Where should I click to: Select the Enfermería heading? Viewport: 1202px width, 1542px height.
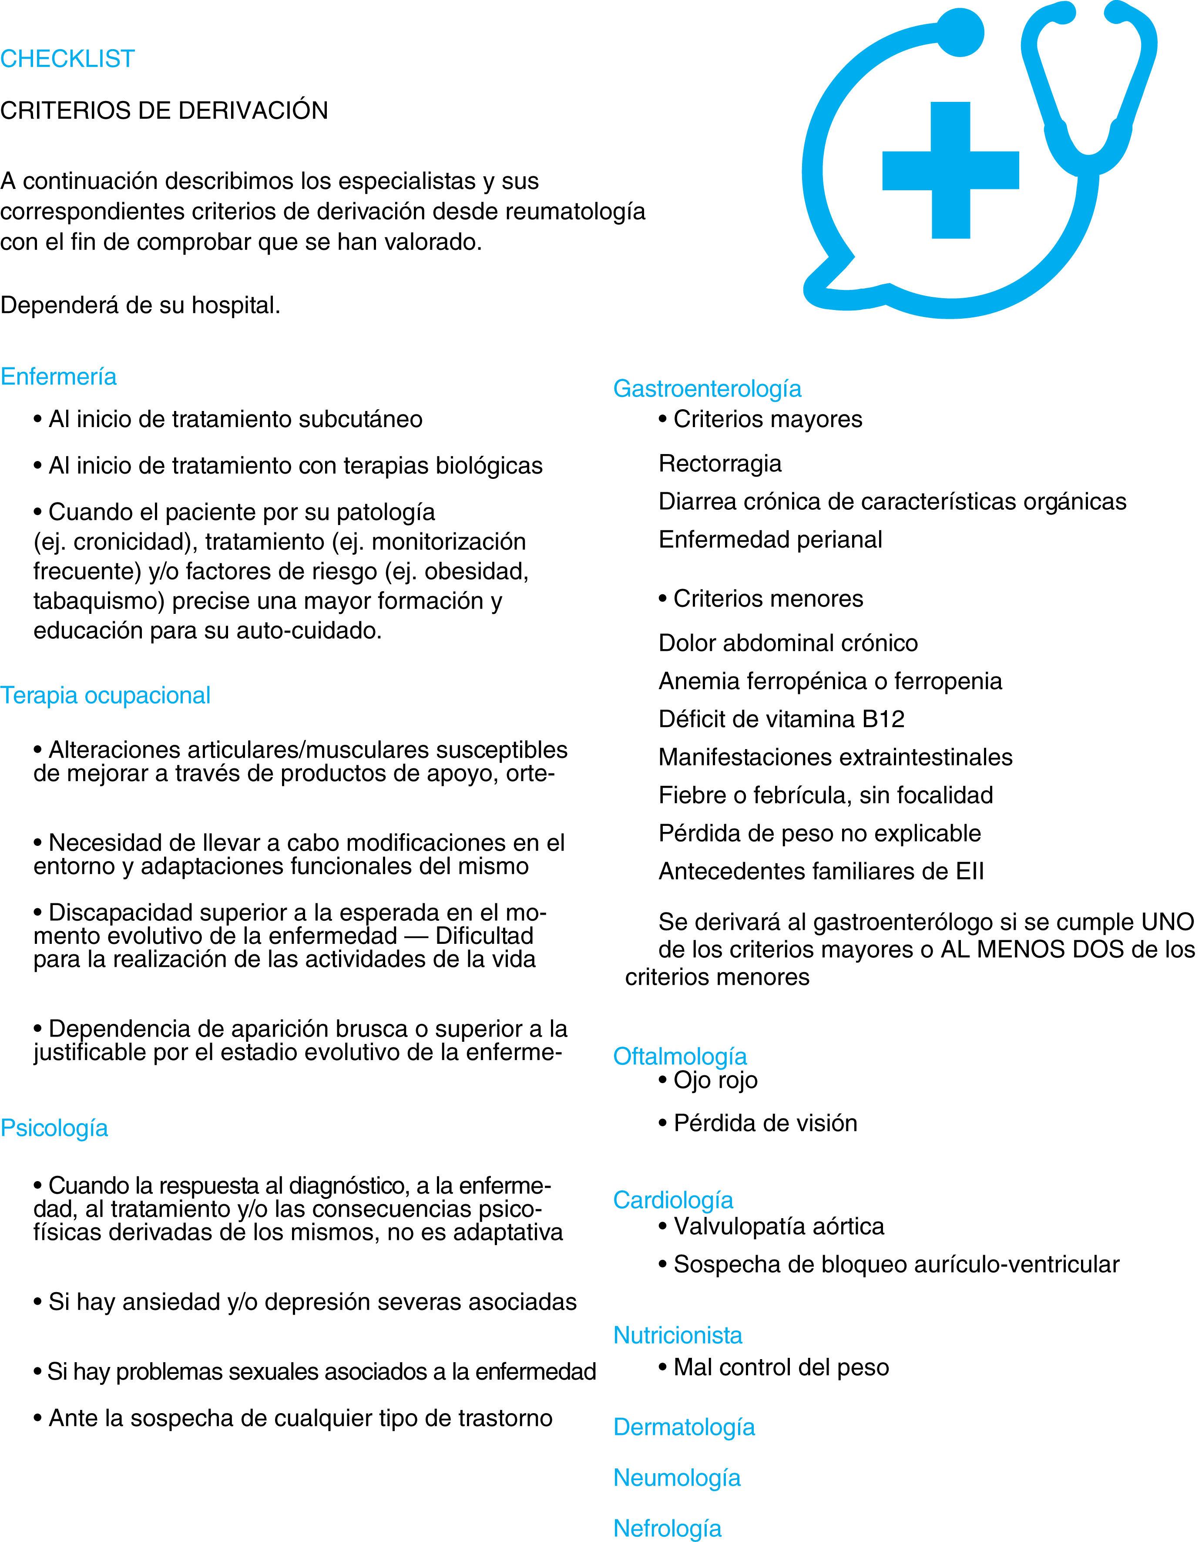59,376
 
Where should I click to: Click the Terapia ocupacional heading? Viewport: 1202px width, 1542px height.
105,695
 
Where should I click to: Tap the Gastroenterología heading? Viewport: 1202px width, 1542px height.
707,388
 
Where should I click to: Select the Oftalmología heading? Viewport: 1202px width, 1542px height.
680,1056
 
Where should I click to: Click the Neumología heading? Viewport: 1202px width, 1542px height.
677,1477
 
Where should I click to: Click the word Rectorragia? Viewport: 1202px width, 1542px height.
720,464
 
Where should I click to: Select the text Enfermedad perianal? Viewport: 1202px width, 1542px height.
770,539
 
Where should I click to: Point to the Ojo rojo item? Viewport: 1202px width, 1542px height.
715,1080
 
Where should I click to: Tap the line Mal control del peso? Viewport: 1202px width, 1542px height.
781,1367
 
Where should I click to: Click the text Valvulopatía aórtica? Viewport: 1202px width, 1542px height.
779,1226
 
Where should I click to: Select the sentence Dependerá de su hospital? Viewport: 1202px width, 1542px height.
141,305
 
